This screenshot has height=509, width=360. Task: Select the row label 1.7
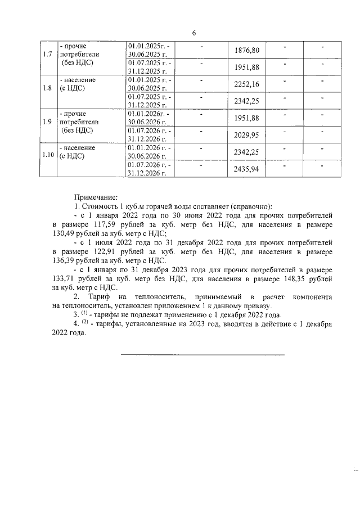tap(48, 55)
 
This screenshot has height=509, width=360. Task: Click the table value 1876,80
tap(246, 50)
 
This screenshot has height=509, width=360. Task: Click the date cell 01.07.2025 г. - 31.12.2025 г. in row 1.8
tap(149, 101)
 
